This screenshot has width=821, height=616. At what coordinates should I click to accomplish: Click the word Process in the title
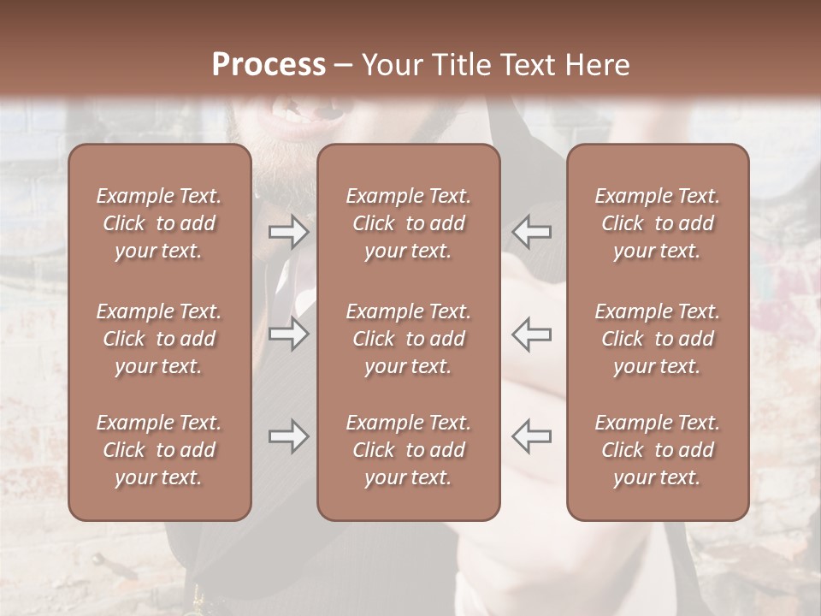pos(269,65)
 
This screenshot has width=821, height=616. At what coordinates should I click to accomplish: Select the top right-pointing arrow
pos(288,232)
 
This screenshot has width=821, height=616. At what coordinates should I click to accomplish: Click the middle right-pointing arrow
pos(288,333)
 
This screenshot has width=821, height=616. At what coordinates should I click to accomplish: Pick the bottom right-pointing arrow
pos(288,436)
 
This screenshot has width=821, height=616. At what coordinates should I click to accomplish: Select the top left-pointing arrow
pos(532,232)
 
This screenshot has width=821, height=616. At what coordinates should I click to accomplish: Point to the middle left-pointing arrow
pos(532,333)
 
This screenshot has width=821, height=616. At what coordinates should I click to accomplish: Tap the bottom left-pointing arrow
pos(532,436)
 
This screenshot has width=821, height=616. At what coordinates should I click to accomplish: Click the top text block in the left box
pos(159,223)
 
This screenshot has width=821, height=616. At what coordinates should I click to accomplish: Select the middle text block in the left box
pos(159,339)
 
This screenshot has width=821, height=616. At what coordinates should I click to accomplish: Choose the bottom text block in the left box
pos(159,450)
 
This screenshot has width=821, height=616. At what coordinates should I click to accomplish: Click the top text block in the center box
pos(408,223)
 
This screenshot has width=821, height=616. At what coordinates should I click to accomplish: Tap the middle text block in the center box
pos(408,339)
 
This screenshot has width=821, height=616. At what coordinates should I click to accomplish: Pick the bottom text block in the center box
pos(408,450)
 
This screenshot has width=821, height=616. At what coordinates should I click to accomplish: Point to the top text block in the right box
pos(657,223)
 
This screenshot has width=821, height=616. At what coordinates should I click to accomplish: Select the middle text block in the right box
pos(657,339)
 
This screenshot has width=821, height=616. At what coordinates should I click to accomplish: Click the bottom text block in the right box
pos(657,450)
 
